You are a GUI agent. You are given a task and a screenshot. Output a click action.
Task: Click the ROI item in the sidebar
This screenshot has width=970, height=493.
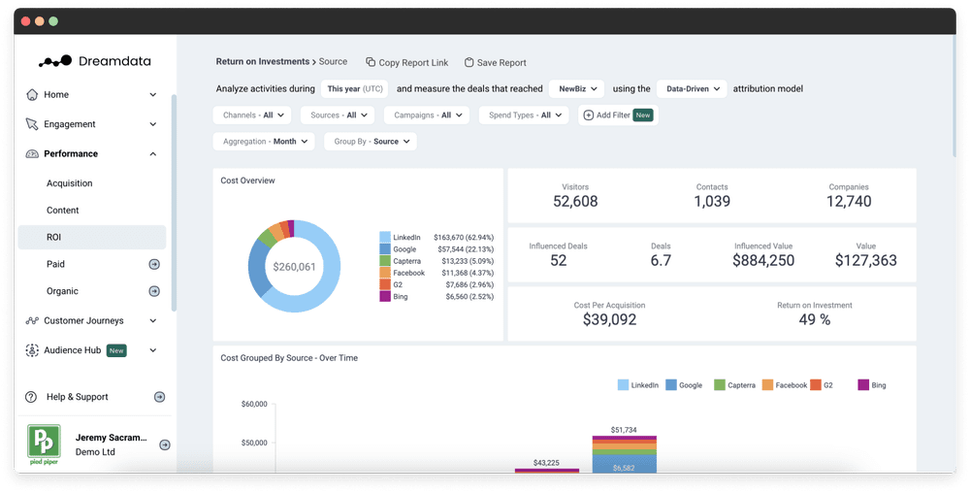pos(54,237)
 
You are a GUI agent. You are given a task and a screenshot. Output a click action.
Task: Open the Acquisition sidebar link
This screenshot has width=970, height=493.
pos(70,183)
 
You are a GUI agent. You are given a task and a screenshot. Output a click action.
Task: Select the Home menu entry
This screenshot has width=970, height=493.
pos(57,95)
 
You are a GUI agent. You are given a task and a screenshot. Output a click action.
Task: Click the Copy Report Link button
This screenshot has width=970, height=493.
pos(407,63)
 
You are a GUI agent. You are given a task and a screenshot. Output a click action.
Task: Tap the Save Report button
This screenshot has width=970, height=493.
pos(496,63)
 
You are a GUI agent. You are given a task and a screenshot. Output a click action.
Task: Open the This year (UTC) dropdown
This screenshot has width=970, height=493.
pos(354,89)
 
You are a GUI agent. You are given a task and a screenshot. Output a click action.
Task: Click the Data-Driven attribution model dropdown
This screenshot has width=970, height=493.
pos(692,89)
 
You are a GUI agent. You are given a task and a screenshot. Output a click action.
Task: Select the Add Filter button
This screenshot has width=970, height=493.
pos(618,115)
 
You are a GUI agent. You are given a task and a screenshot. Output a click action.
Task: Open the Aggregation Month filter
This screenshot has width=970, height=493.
pos(264,142)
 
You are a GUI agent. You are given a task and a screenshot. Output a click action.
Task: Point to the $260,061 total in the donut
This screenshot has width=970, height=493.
pos(294,266)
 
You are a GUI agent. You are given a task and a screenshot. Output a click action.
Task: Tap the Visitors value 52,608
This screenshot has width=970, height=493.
pos(575,202)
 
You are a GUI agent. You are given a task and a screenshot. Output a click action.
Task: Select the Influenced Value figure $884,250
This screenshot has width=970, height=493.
pos(763,261)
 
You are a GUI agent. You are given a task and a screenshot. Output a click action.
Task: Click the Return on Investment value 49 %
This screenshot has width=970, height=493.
pos(815,319)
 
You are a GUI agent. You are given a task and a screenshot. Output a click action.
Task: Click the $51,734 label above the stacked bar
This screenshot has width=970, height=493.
pos(625,429)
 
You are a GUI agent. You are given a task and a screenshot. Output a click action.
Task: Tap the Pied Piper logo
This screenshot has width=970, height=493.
pos(43,444)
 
